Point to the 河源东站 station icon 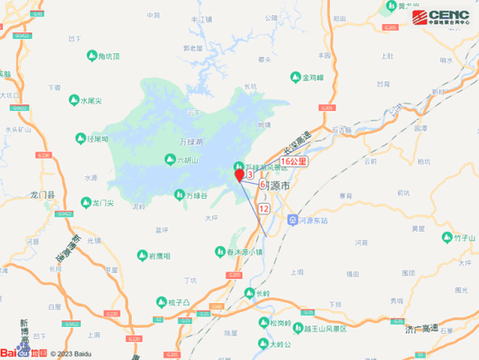[294, 221]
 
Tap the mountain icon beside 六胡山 [170, 160]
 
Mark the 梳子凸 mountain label [179, 302]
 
